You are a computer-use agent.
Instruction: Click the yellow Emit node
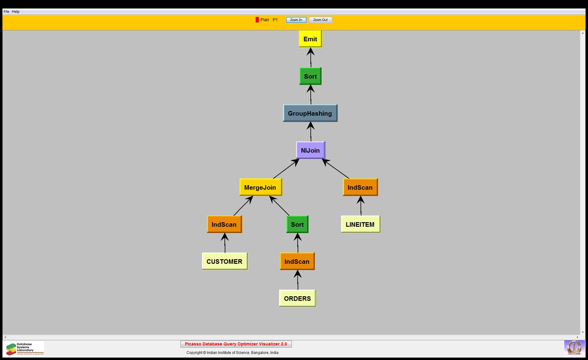pyautogui.click(x=310, y=39)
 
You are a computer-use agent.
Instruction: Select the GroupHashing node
pyautogui.click(x=310, y=113)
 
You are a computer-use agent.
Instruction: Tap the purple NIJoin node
pyautogui.click(x=310, y=150)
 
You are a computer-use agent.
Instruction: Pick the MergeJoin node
pyautogui.click(x=260, y=187)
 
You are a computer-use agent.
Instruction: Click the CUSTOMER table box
pyautogui.click(x=224, y=261)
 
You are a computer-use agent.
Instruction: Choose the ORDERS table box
pyautogui.click(x=297, y=298)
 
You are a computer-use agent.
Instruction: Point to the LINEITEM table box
pyautogui.click(x=360, y=224)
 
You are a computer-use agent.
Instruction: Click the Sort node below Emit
pyautogui.click(x=310, y=76)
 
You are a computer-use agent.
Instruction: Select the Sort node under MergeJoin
pyautogui.click(x=297, y=224)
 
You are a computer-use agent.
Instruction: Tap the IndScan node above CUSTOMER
pyautogui.click(x=224, y=224)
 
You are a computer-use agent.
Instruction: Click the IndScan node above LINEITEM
pyautogui.click(x=360, y=187)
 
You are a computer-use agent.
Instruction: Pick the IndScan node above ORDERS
pyautogui.click(x=297, y=261)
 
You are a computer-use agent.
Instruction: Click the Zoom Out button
pyautogui.click(x=320, y=20)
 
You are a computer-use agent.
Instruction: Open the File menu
pyautogui.click(x=6, y=12)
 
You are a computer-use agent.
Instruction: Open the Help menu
pyautogui.click(x=16, y=12)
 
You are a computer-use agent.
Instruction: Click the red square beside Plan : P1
pyautogui.click(x=257, y=20)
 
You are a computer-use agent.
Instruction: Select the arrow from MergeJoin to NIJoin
pyautogui.click(x=285, y=169)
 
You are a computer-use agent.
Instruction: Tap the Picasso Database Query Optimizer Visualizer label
pyautogui.click(x=236, y=344)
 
